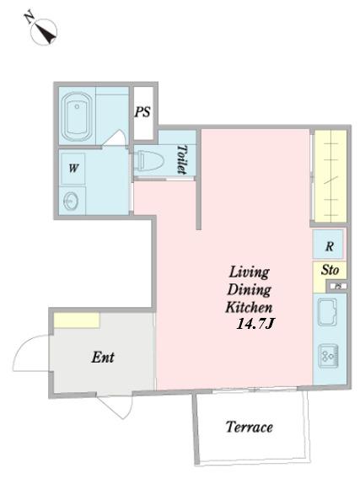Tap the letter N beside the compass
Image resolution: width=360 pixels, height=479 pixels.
tap(30, 17)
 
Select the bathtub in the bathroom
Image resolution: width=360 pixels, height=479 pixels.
tap(77, 116)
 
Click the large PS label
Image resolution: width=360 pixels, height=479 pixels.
tap(142, 112)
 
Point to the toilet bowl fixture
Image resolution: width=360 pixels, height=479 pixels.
tap(148, 160)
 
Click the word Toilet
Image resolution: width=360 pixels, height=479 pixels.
tap(182, 159)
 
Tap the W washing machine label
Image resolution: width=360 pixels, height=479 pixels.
tap(73, 168)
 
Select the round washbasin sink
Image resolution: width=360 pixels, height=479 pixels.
tap(71, 202)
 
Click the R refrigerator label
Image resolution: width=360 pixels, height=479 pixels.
tap(329, 246)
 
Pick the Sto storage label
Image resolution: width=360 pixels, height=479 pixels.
tap(330, 270)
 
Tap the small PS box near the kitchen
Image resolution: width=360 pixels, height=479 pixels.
tap(338, 286)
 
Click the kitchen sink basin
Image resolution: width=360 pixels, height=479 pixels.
tap(327, 311)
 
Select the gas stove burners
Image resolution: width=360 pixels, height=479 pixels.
tap(329, 356)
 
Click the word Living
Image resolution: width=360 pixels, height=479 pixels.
tap(250, 272)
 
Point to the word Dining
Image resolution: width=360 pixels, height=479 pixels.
tap(250, 289)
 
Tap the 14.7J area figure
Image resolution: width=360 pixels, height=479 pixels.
tap(255, 324)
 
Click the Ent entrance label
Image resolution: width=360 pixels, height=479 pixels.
tap(103, 357)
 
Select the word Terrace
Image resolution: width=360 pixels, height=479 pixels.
tap(250, 427)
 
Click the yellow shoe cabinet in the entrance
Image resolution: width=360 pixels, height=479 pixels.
tap(77, 320)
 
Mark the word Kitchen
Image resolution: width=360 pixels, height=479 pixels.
tap(249, 307)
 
